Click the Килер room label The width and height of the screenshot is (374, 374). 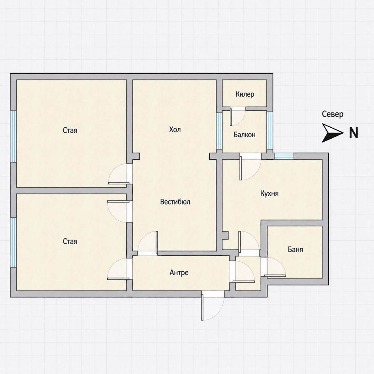(x=245, y=94)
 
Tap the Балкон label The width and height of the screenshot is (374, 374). (x=245, y=135)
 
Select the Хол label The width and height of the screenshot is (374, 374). (x=175, y=129)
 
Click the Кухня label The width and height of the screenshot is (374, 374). (x=269, y=194)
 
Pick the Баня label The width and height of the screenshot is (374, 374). (x=295, y=250)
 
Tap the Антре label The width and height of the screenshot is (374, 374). (x=179, y=273)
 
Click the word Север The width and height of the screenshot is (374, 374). (x=333, y=114)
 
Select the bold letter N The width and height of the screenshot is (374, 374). (x=354, y=133)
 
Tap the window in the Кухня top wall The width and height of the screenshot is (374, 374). (x=284, y=156)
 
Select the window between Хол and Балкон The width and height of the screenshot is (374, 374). (x=219, y=131)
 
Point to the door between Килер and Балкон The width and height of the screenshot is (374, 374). (x=238, y=117)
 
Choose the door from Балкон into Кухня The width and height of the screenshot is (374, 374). (x=250, y=167)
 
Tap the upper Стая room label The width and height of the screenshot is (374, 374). (x=70, y=130)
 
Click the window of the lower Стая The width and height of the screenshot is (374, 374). (x=13, y=242)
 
